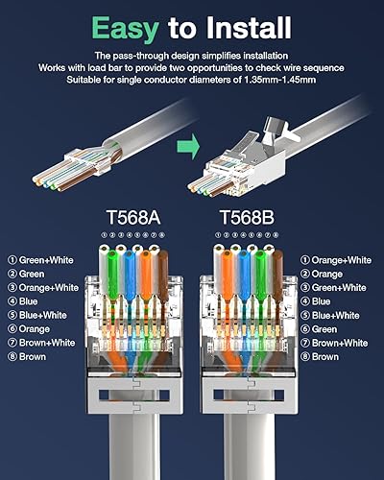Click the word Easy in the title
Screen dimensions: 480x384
[x=125, y=23]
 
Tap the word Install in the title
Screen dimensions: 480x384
[x=246, y=23]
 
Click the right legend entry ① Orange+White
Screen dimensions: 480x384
[x=336, y=259]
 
